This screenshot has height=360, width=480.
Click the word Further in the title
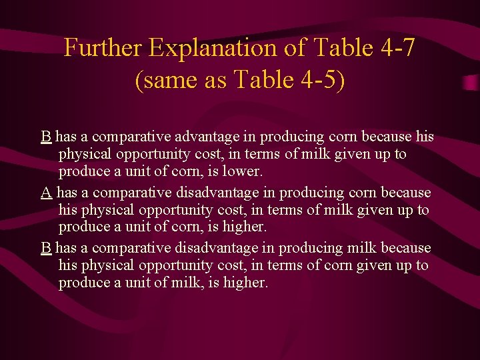[x=103, y=48]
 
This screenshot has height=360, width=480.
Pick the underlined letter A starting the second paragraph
[x=46, y=193]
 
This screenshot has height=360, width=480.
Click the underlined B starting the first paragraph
[x=46, y=137]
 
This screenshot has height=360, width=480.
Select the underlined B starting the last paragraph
[x=46, y=248]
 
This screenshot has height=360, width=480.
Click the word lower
[x=245, y=171]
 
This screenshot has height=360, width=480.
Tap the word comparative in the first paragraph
[x=132, y=137]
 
